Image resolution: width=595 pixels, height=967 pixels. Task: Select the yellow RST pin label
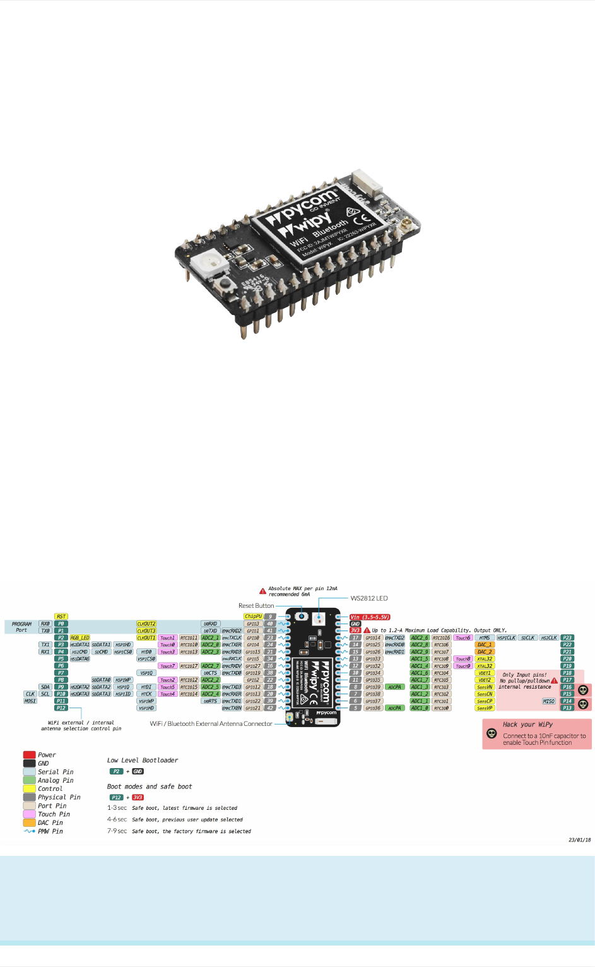point(61,617)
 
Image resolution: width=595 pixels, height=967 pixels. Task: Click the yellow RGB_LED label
point(80,638)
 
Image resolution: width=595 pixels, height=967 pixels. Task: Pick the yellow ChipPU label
point(253,617)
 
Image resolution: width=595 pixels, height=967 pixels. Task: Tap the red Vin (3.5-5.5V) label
point(370,617)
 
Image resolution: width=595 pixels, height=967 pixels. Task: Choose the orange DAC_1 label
point(485,645)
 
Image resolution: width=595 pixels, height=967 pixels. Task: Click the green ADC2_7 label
point(210,666)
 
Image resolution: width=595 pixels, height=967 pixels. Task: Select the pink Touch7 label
point(167,666)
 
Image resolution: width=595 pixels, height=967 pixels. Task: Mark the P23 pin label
point(567,638)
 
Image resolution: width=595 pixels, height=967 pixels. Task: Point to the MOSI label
point(30,701)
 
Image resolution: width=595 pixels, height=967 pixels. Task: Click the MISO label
point(548,701)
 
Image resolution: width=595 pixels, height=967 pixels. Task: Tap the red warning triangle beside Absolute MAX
point(262,591)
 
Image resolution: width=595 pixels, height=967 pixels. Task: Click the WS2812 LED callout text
point(369,598)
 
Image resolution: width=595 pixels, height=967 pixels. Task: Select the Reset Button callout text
point(256,606)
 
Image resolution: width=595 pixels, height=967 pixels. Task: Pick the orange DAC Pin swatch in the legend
point(29,822)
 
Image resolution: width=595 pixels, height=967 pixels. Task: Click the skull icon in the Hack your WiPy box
point(492,733)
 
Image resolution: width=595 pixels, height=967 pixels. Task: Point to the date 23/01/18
point(579,840)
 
